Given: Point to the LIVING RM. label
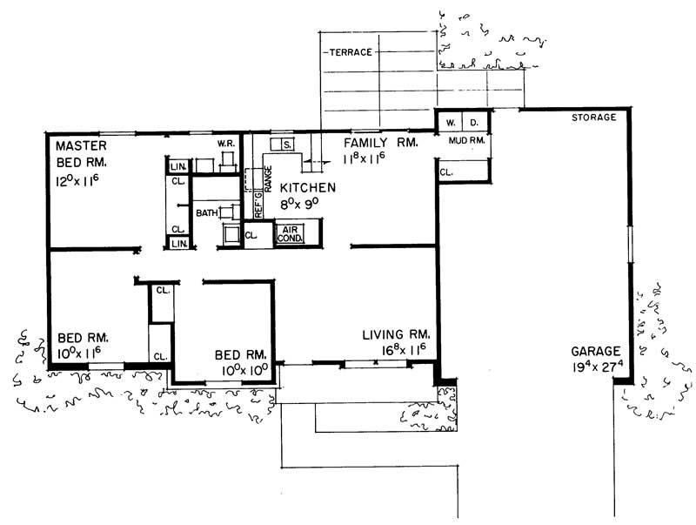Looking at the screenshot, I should click(398, 333).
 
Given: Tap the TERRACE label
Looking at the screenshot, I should click(352, 53).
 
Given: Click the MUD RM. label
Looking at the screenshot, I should click(465, 140).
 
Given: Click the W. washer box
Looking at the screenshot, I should click(451, 121).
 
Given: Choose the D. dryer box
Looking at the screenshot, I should click(475, 121).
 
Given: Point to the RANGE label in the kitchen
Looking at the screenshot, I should click(269, 177).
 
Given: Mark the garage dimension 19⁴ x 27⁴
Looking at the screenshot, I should click(596, 367).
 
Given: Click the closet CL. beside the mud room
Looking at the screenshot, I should click(446, 173).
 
